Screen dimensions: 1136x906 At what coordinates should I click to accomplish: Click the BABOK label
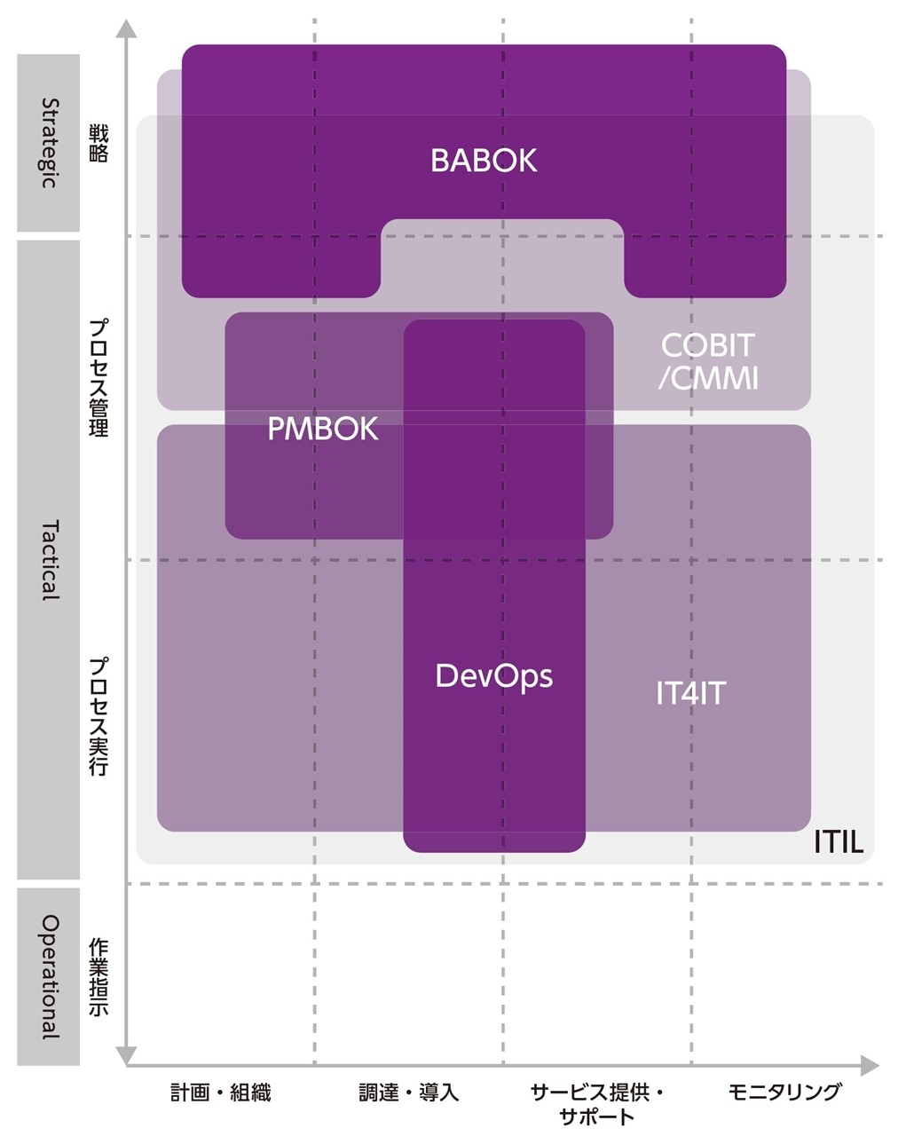pyautogui.click(x=484, y=161)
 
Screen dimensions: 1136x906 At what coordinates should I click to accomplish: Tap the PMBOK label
pyautogui.click(x=323, y=430)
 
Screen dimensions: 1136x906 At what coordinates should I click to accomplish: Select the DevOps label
pyautogui.click(x=493, y=676)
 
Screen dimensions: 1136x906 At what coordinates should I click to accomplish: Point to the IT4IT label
pyautogui.click(x=690, y=693)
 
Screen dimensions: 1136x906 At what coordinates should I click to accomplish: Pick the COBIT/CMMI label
pyautogui.click(x=707, y=361)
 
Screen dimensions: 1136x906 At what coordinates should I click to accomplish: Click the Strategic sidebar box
pyautogui.click(x=49, y=143)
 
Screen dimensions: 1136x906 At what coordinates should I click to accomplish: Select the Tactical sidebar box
pyautogui.click(x=49, y=559)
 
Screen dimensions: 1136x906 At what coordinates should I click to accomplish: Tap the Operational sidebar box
pyautogui.click(x=49, y=976)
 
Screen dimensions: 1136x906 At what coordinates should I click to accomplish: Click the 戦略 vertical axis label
pyautogui.click(x=98, y=144)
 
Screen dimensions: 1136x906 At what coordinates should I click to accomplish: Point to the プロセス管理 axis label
pyautogui.click(x=98, y=377)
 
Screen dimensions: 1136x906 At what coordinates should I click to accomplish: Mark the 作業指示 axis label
pyautogui.click(x=98, y=976)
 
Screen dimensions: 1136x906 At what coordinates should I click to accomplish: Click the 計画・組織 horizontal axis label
pyautogui.click(x=221, y=1093)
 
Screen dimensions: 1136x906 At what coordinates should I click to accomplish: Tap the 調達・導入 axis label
pyautogui.click(x=409, y=1093)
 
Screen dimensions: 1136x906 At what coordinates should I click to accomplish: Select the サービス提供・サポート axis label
pyautogui.click(x=597, y=1103)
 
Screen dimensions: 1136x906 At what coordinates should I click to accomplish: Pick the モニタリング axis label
pyautogui.click(x=784, y=1093)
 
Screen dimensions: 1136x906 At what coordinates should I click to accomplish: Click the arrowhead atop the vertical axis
pyautogui.click(x=127, y=28)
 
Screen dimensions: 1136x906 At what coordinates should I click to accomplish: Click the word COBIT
pyautogui.click(x=707, y=344)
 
